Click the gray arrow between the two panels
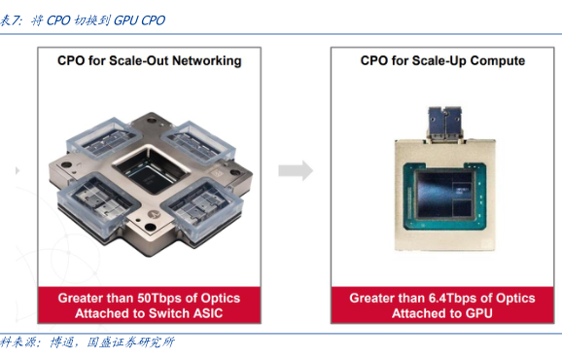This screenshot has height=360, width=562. pos(296,170)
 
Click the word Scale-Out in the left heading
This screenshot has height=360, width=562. pos(138,60)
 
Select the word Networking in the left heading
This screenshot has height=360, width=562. pos(207,61)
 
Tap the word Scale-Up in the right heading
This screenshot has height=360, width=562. pos(439,60)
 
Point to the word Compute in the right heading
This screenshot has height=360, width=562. pos(498,61)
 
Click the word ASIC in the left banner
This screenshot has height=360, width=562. pos(208,313)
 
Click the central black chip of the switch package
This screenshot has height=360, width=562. pos(152,170)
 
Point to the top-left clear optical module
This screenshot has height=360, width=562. pos(103,138)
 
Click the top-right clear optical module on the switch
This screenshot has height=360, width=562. pos(198,143)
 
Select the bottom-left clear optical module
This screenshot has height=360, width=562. pos(97,200)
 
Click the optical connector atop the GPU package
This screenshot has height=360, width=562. pos(444,124)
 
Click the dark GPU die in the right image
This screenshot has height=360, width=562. pos(444,194)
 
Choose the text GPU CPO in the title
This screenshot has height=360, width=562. pos(139,20)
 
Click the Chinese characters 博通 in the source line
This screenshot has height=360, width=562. pos(61,342)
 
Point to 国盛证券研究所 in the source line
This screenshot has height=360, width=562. pos(131,342)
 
